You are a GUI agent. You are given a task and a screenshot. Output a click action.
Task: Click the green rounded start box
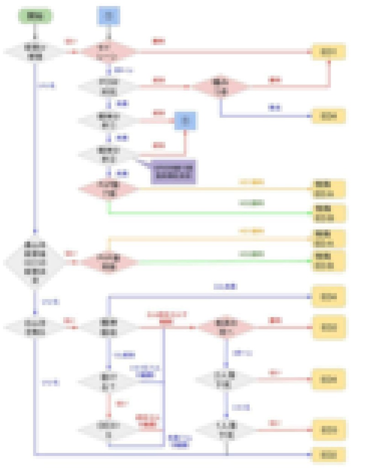(35, 16)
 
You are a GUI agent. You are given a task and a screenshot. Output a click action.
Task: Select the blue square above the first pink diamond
(108, 16)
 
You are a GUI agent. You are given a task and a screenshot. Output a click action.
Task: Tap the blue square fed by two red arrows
(185, 121)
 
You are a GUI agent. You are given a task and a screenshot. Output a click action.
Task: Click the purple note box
(173, 172)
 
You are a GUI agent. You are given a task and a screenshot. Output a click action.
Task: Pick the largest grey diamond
(35, 263)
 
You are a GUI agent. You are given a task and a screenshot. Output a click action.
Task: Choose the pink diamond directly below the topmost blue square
(108, 51)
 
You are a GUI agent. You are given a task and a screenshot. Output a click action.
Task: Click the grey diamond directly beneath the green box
(35, 51)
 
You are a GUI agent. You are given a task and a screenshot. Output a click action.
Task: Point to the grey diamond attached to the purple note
(108, 154)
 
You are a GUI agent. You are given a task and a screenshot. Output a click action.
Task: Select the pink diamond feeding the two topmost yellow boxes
(221, 86)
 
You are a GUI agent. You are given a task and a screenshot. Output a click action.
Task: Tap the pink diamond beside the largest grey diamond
(108, 261)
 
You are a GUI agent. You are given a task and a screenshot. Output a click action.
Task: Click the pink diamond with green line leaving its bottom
(108, 189)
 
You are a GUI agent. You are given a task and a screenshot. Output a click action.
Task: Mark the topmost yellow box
(328, 52)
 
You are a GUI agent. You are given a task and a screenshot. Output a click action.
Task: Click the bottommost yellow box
(328, 455)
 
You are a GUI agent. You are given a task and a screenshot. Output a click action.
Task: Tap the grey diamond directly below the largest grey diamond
(35, 327)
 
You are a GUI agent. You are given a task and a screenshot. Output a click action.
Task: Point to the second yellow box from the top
(328, 116)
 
